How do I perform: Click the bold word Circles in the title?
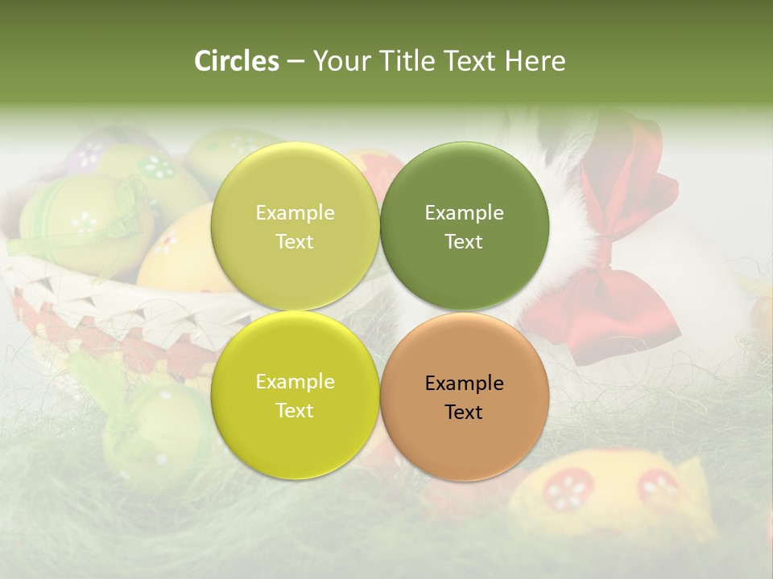click(x=236, y=61)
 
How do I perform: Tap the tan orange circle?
click(x=465, y=439)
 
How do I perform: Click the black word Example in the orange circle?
click(x=465, y=383)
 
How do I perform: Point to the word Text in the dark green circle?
click(x=464, y=241)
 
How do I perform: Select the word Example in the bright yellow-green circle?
click(x=295, y=381)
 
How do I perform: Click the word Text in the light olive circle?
click(x=295, y=241)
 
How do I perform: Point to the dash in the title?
click(x=296, y=61)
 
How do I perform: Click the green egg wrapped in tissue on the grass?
click(x=153, y=426)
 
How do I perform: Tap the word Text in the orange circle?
click(x=464, y=412)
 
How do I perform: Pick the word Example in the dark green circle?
click(x=465, y=212)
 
